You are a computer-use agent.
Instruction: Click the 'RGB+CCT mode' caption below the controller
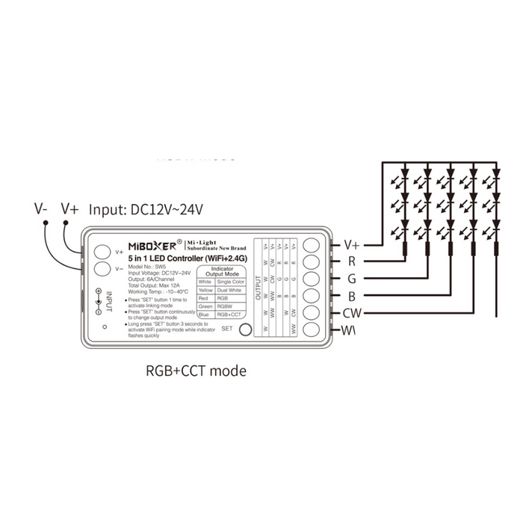point(194,370)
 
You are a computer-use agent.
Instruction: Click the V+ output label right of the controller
point(351,244)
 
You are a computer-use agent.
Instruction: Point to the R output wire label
point(351,261)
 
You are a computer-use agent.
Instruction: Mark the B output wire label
point(351,296)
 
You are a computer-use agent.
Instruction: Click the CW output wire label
point(353,313)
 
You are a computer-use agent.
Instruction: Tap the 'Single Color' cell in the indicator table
point(229,281)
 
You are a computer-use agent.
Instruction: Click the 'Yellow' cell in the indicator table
point(205,289)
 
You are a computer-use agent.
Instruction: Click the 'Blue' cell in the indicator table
point(205,315)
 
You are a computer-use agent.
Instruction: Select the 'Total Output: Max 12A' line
point(156,285)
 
